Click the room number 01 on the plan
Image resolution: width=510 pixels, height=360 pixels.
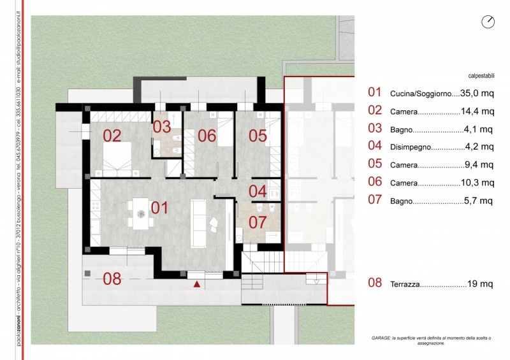click(159, 208)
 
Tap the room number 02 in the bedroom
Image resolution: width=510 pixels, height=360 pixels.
click(112, 136)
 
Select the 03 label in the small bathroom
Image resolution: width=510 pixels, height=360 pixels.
click(162, 127)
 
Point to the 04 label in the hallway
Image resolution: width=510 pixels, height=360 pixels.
click(258, 191)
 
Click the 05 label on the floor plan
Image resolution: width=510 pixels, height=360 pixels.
click(258, 136)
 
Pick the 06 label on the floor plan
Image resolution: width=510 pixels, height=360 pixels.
click(207, 136)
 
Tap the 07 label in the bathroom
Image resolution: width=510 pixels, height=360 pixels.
click(258, 222)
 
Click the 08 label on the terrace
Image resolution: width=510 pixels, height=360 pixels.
click(112, 279)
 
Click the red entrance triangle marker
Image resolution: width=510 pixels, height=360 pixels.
click(197, 284)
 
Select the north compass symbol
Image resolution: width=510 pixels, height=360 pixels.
click(488, 22)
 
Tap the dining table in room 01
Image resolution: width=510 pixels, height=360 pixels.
click(141, 213)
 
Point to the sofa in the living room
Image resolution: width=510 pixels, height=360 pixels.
click(198, 223)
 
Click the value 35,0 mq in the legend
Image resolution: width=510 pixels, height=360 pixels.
click(477, 93)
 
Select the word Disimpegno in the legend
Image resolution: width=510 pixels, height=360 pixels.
click(411, 147)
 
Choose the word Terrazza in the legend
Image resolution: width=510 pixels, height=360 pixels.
click(405, 284)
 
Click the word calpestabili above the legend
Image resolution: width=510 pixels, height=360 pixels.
click(481, 76)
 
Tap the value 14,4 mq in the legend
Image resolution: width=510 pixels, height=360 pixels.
click(477, 112)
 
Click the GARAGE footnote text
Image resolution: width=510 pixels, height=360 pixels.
click(432, 340)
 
